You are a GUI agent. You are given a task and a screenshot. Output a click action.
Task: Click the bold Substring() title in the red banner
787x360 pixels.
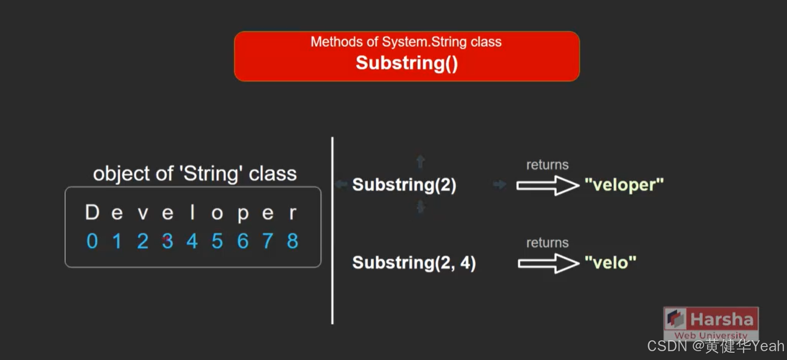[x=406, y=63]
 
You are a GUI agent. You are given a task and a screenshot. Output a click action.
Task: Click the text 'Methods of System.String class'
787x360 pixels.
[x=406, y=41]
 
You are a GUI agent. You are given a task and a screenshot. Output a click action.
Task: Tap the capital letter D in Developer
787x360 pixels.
[x=92, y=212]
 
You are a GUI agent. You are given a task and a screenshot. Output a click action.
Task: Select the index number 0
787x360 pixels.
[x=92, y=241]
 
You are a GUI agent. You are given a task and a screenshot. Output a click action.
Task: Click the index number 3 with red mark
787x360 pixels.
[x=167, y=241]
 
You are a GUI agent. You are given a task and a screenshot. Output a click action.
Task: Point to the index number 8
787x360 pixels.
[x=293, y=241]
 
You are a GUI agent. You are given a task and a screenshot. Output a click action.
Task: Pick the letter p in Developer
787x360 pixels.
[x=242, y=214]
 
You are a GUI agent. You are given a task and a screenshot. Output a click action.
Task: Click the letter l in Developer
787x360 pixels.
[x=192, y=212]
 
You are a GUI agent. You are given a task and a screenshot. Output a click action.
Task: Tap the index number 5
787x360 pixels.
[x=217, y=241]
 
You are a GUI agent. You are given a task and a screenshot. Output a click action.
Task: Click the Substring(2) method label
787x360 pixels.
[x=404, y=185]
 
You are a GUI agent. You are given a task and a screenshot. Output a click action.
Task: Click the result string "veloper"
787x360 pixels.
[x=624, y=185]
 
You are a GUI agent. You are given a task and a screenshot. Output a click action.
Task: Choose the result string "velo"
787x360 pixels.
[x=610, y=263]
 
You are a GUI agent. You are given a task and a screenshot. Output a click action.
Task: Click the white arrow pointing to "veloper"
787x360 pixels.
[x=547, y=185]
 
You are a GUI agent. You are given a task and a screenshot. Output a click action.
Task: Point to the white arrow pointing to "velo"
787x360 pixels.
[x=548, y=263]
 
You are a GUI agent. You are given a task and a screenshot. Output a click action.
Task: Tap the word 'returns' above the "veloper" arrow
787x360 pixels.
[x=547, y=165]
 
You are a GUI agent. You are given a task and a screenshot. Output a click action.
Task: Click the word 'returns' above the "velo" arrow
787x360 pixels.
[x=547, y=242]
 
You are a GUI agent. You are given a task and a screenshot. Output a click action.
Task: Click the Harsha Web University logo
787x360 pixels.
[x=711, y=323]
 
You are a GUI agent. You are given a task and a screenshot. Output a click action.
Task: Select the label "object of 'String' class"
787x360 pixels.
[x=195, y=174]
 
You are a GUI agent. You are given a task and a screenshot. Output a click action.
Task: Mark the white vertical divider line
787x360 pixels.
[x=332, y=231]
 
